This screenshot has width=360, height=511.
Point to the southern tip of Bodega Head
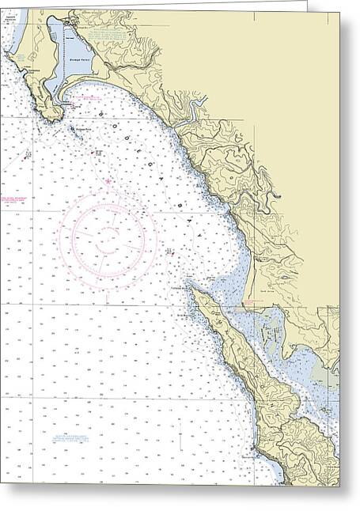pos(53,119)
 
